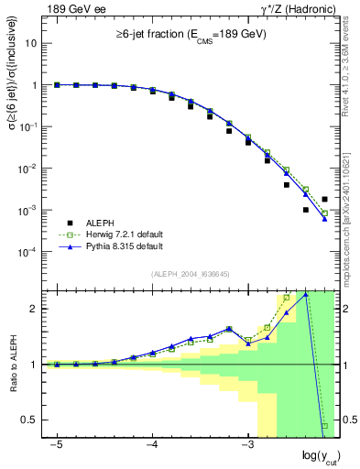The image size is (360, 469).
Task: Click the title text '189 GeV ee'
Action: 72,8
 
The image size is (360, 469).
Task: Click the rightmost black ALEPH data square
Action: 324,199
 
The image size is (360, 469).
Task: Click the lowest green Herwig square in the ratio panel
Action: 324,425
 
